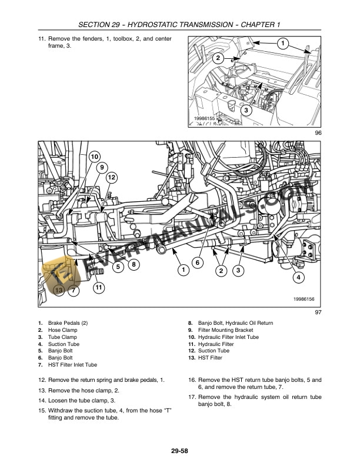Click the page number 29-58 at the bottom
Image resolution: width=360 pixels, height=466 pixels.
[180, 451]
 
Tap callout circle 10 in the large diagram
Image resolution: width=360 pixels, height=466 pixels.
[94, 157]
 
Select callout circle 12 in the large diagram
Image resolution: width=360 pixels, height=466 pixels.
[111, 177]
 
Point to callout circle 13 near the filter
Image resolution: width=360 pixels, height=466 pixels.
[58, 290]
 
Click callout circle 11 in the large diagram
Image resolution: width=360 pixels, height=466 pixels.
[99, 288]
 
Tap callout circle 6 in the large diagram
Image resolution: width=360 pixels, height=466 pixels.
[198, 262]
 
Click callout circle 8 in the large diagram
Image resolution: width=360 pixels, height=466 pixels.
[134, 265]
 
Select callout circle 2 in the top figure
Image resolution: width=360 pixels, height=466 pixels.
[218, 58]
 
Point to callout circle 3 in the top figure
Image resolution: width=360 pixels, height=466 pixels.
[246, 109]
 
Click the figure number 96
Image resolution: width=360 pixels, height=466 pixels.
[318, 133]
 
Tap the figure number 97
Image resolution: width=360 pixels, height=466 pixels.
[318, 312]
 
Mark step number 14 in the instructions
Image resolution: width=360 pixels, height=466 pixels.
[42, 400]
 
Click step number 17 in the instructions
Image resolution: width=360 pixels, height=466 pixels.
[192, 397]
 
